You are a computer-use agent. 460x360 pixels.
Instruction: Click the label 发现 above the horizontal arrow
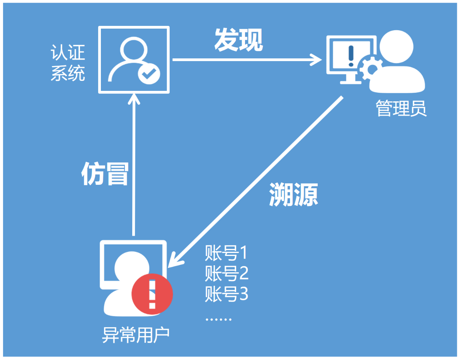[239, 40]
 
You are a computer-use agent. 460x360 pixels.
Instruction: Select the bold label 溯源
[293, 194]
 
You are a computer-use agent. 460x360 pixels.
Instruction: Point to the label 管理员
[401, 109]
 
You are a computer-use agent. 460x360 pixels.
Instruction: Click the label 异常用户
[136, 335]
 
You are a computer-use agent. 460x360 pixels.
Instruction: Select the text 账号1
[226, 254]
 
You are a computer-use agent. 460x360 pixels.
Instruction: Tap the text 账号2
[227, 274]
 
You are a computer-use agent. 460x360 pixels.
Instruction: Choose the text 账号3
[227, 294]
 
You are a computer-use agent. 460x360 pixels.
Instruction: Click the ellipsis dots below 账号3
[218, 320]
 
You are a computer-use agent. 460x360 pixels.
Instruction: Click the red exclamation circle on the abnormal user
[152, 294]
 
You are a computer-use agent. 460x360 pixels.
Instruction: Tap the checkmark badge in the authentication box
[148, 73]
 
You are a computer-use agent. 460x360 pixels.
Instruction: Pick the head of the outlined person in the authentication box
[133, 50]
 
